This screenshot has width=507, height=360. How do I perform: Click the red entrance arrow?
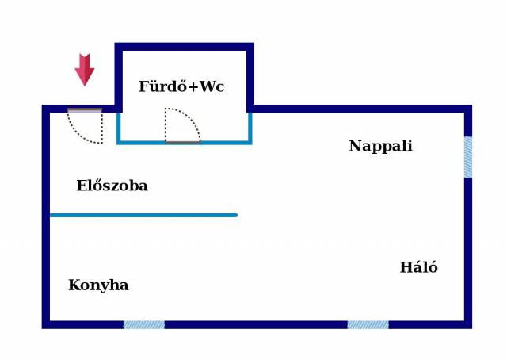tap(85, 69)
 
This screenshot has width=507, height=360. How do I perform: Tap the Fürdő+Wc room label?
tap(181, 86)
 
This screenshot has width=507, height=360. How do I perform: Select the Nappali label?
tap(380, 146)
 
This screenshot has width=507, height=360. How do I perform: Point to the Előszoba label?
tap(112, 186)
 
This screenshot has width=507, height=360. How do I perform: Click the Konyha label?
tap(98, 285)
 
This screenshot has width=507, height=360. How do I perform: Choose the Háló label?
tap(418, 268)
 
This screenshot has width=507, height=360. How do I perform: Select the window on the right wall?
tap(467, 157)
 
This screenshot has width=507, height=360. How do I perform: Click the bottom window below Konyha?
tap(143, 324)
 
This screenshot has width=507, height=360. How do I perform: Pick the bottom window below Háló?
tap(368, 324)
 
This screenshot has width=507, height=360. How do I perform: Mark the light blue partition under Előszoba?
tap(143, 215)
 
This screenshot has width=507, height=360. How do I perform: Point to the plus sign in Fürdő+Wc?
tap(189, 87)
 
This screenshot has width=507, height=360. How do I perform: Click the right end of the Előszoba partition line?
tap(235, 215)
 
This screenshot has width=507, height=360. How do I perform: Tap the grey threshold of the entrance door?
tap(85, 110)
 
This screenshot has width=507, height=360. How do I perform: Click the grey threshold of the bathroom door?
tap(182, 143)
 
